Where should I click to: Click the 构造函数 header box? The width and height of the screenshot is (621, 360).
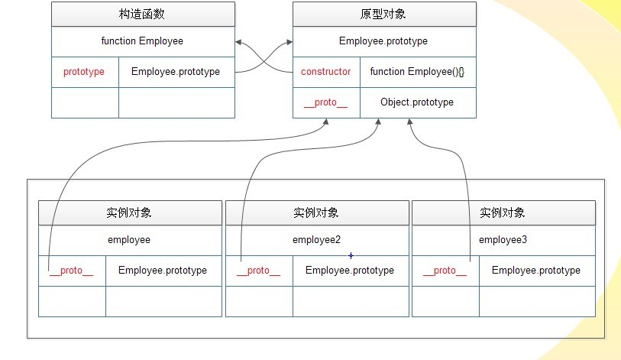tap(143, 15)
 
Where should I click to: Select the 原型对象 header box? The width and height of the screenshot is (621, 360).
tap(384, 15)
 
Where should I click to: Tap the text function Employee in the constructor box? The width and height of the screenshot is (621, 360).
tap(142, 41)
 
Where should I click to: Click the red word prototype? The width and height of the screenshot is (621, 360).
tap(84, 72)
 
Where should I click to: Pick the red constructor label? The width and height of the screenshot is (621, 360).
tap(326, 72)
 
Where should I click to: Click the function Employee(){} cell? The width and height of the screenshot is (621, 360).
tap(417, 72)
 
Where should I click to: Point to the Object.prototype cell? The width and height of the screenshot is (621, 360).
tap(417, 102)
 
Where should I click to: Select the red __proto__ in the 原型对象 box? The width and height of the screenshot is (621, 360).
tap(325, 102)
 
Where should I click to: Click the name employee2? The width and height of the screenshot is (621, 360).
tap(316, 240)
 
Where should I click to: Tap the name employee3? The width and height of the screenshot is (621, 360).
tap(503, 240)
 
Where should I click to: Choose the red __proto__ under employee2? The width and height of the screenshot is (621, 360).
tap(258, 271)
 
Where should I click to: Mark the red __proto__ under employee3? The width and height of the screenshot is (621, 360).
tap(445, 271)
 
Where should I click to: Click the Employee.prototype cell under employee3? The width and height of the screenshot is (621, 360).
tap(536, 271)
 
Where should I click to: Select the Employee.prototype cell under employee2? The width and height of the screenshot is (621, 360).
tap(350, 271)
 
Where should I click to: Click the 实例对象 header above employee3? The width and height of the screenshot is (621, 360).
tap(503, 212)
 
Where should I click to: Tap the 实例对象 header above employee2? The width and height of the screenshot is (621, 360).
tap(316, 212)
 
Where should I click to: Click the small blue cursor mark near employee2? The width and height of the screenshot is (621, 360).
tap(351, 255)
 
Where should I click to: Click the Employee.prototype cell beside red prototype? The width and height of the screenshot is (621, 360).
tap(176, 72)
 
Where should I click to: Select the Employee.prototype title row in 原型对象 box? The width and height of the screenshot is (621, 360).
tap(383, 41)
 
